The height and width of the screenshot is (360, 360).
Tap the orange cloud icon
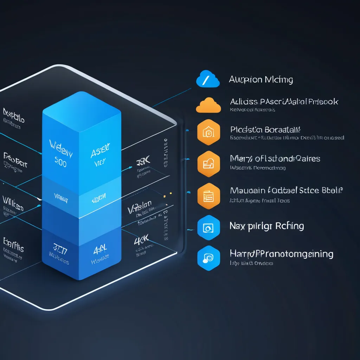(x=208, y=105)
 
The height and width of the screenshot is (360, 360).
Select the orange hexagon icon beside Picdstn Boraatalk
(x=208, y=133)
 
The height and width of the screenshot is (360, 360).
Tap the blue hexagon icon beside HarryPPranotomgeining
(x=208, y=258)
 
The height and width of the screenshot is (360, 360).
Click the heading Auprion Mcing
(x=261, y=80)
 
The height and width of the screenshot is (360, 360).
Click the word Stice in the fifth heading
(x=309, y=191)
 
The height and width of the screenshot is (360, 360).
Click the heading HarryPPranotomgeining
(x=281, y=254)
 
